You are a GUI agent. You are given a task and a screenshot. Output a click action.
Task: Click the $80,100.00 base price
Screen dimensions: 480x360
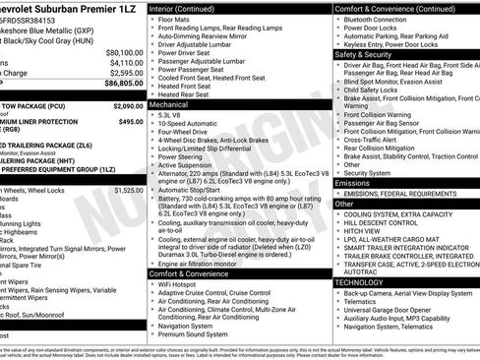[124, 52]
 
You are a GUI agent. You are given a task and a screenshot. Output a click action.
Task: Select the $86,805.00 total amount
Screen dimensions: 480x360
[124, 84]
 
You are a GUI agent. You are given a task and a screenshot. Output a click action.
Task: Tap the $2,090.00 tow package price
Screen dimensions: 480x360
[128, 104]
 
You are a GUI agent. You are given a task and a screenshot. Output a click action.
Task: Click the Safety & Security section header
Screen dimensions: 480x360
[363, 55]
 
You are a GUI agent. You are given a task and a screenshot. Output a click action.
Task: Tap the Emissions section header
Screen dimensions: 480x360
[352, 182]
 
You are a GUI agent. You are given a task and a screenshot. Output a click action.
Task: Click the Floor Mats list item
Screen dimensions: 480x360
[175, 19]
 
